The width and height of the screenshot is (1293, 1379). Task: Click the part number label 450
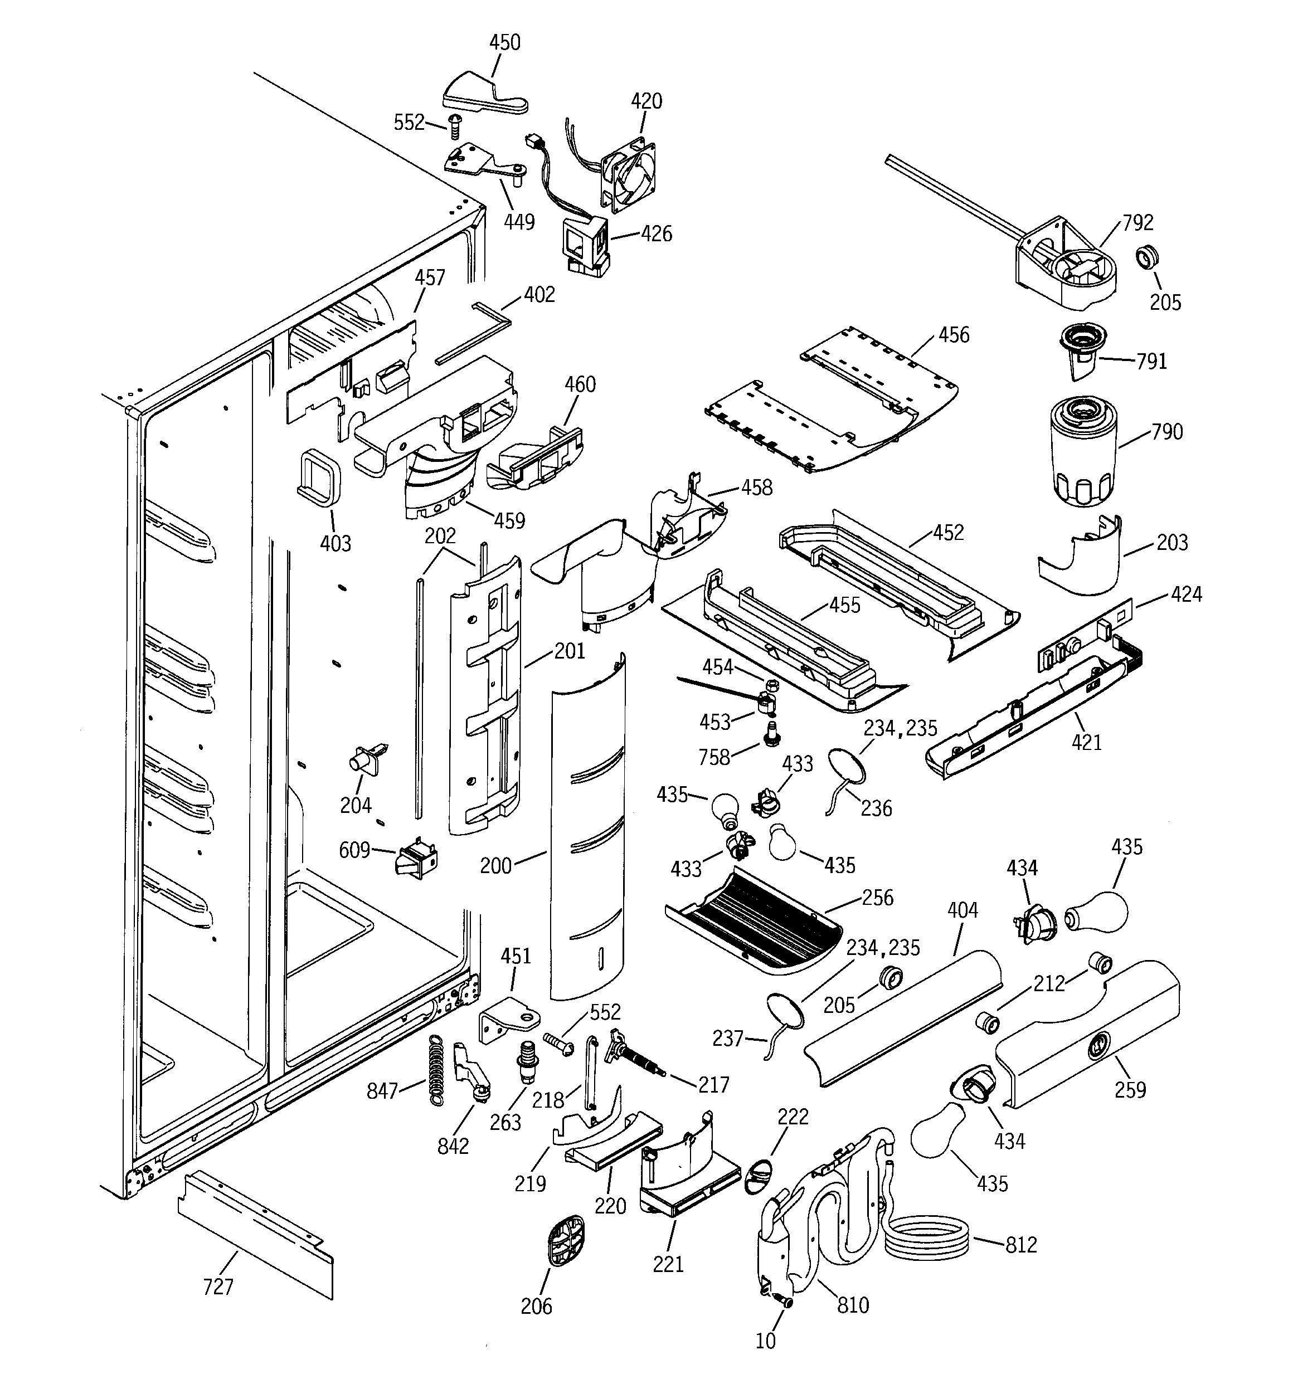coord(504,43)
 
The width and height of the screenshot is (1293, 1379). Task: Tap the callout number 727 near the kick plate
coord(218,1287)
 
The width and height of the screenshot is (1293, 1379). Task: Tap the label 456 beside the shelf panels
coord(954,335)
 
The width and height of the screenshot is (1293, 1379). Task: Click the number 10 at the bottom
coord(766,1341)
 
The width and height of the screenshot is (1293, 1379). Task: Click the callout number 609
coord(354,850)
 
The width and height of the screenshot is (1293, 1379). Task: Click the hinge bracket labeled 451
coord(510,1019)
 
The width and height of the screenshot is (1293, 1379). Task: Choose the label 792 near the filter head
coord(1138,223)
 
